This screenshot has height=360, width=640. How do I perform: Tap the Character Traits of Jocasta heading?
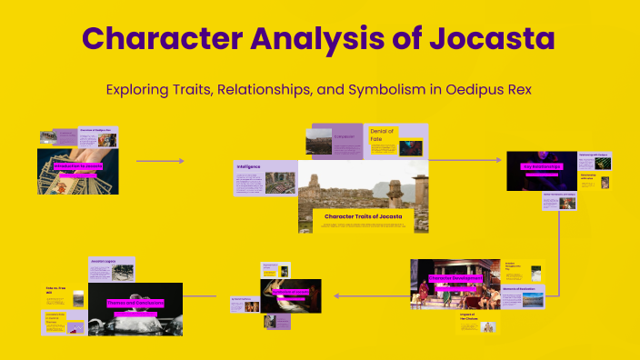362,216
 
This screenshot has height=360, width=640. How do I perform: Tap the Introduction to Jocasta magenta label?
76,167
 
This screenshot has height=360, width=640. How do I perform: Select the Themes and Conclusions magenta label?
135,303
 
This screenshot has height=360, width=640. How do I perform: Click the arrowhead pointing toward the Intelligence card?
181,161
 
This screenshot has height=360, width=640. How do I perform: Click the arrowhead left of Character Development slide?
336,295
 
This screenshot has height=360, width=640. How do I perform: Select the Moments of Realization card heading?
522,289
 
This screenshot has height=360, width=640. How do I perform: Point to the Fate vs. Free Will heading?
57,291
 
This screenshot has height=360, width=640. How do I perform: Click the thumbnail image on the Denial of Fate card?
411,148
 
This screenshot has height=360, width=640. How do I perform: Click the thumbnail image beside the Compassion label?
319,141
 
